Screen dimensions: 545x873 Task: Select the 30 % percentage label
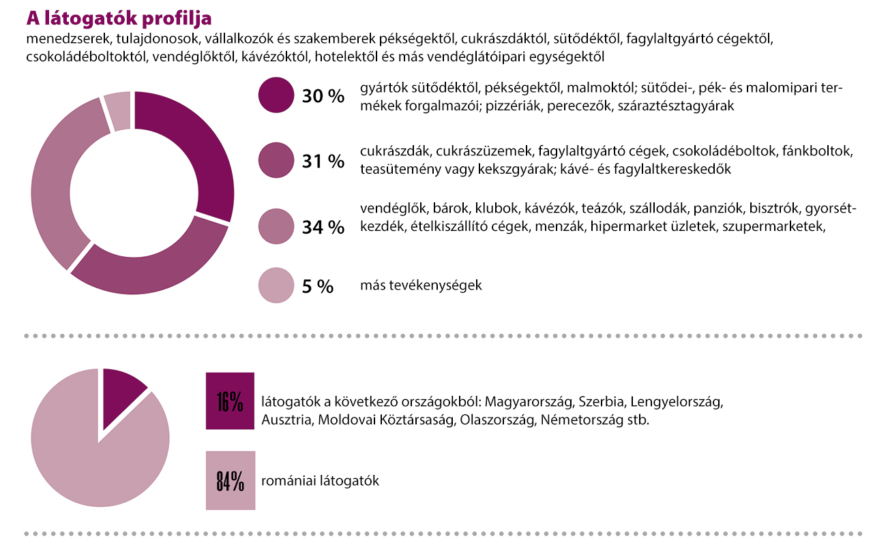(323, 96)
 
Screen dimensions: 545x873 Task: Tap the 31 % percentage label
(323, 161)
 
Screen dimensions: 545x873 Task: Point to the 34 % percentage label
(323, 227)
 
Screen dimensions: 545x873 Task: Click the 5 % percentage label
(318, 287)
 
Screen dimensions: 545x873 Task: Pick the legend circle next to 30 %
(276, 95)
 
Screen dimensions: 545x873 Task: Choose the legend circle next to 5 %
(276, 286)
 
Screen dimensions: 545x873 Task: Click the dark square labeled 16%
(230, 401)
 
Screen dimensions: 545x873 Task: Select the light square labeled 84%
(230, 480)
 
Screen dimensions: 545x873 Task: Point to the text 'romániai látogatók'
(320, 481)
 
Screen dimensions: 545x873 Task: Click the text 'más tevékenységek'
(421, 285)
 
